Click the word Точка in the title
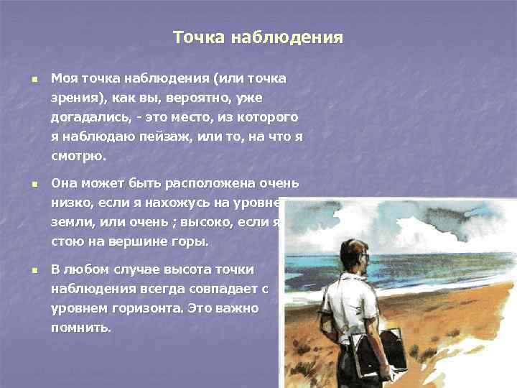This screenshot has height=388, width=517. coord(197,37)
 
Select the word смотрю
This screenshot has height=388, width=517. coord(77,155)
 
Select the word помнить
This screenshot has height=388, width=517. coord(80,328)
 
